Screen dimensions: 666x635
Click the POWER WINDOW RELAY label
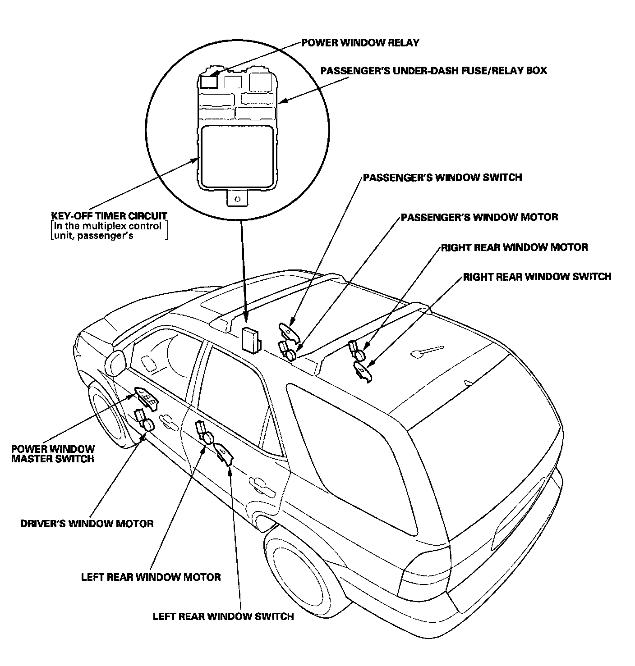point(360,43)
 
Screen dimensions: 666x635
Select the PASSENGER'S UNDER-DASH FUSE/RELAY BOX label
point(433,71)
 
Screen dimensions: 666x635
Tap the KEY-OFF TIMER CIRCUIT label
point(110,216)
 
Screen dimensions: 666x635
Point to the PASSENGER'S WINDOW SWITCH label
point(442,177)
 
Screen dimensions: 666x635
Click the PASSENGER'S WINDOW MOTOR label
point(479,217)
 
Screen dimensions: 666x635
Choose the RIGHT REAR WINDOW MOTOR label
point(514,247)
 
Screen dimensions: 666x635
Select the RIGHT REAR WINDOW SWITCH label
point(537,276)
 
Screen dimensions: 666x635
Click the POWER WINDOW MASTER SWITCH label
point(53,454)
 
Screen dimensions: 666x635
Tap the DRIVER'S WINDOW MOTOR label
point(87,524)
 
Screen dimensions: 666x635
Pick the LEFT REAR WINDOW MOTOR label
point(151,577)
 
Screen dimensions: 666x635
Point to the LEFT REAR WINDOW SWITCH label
point(223,616)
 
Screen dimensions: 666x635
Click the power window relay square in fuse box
point(209,82)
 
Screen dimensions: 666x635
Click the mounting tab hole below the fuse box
point(237,198)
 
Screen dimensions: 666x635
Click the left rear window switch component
point(223,453)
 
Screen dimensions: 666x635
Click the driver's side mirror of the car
point(115,361)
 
